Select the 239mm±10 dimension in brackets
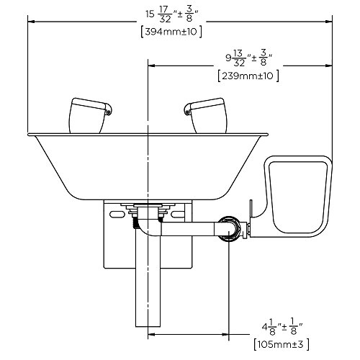pyautogui.click(x=248, y=75)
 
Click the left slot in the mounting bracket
pyautogui.click(x=114, y=215)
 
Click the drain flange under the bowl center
pyautogui.click(x=148, y=207)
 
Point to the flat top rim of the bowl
pyautogui.click(x=148, y=134)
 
